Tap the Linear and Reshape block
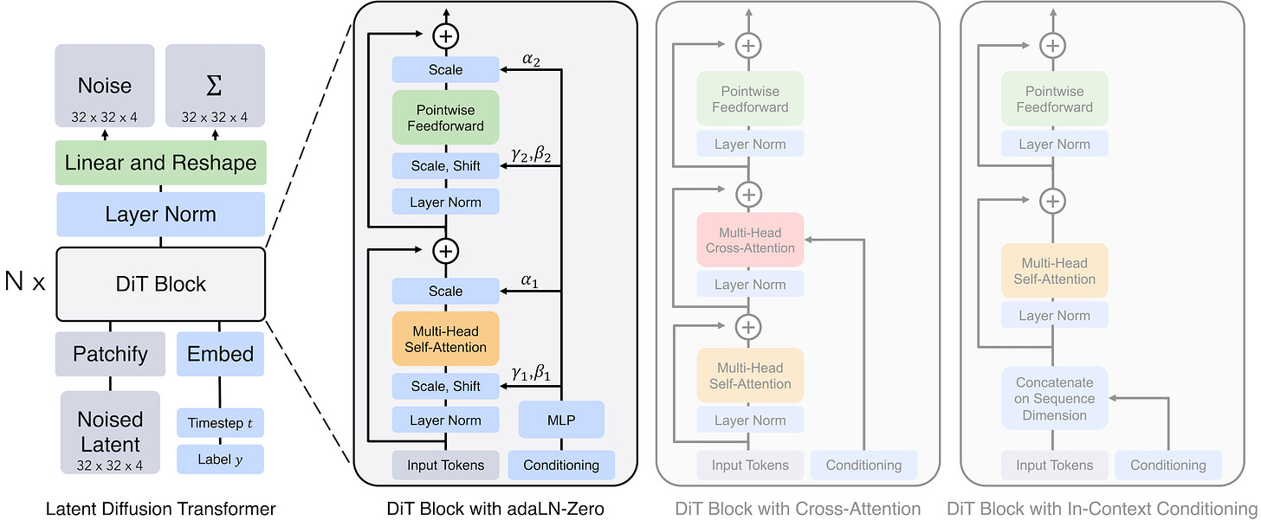point(160,163)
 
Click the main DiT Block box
point(160,284)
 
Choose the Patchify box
point(110,353)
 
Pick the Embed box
point(220,353)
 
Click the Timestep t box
point(220,423)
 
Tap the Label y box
point(220,459)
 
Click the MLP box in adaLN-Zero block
point(561,420)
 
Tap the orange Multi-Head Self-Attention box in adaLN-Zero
point(446,337)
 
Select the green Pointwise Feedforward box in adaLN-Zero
point(446,117)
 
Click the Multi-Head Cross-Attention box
point(750,240)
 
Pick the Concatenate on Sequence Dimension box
point(1054,398)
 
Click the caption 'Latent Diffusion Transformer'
point(160,509)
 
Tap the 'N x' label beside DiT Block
point(24,282)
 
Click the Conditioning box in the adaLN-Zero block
point(561,465)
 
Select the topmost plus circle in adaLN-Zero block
point(446,35)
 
